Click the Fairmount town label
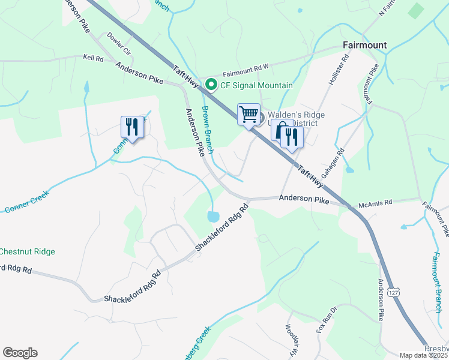coord(364,45)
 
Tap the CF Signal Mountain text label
coord(256,85)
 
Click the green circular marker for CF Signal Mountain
coord(211,85)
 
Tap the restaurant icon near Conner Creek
coord(132,127)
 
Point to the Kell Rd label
coord(94,59)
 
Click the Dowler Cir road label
coord(119,44)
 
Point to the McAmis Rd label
coord(375,203)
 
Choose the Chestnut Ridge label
coord(27,252)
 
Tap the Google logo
coord(20,353)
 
